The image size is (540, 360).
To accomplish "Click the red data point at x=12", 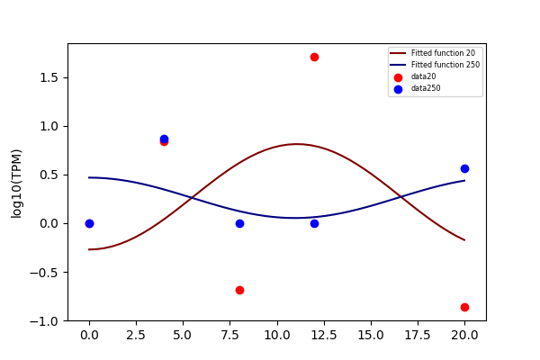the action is pos(314,58).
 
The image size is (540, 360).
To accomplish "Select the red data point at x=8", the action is pos(239,290).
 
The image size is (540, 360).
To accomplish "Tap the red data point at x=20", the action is pos(464,307).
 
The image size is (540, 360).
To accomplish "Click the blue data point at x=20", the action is pos(464,168).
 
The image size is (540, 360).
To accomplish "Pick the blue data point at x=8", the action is pos(239,223).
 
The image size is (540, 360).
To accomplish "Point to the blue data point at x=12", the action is pos(314,223).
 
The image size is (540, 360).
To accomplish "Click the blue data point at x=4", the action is pos(165,139).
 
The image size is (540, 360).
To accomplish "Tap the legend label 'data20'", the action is pos(423,76).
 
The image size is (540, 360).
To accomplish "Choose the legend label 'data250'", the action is pos(426,88).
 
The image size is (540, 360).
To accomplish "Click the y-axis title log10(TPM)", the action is pos(16,184).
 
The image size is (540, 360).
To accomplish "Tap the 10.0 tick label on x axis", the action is pos(277,335).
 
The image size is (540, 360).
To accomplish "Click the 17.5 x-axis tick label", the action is pos(418,335).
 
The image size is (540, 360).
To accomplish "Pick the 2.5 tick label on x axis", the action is pos(136,335).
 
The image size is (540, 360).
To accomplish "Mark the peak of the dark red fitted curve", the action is pos(296,144).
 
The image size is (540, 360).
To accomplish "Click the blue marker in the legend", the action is pos(398,89).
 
